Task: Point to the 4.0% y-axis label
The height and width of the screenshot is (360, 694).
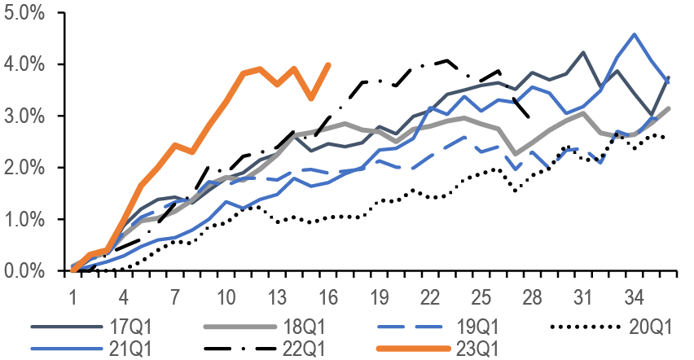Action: (x=25, y=64)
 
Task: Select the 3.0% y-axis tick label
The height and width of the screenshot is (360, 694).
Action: (x=25, y=116)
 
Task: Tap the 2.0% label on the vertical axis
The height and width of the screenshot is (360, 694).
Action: (x=25, y=168)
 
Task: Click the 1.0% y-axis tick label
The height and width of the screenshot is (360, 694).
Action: (x=25, y=219)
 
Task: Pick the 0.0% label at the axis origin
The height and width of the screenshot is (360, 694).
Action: (x=25, y=270)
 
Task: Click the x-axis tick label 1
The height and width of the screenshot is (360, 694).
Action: (x=73, y=293)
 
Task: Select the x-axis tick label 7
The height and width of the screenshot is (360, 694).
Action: (x=175, y=293)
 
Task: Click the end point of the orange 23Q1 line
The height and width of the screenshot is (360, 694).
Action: (x=328, y=64)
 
